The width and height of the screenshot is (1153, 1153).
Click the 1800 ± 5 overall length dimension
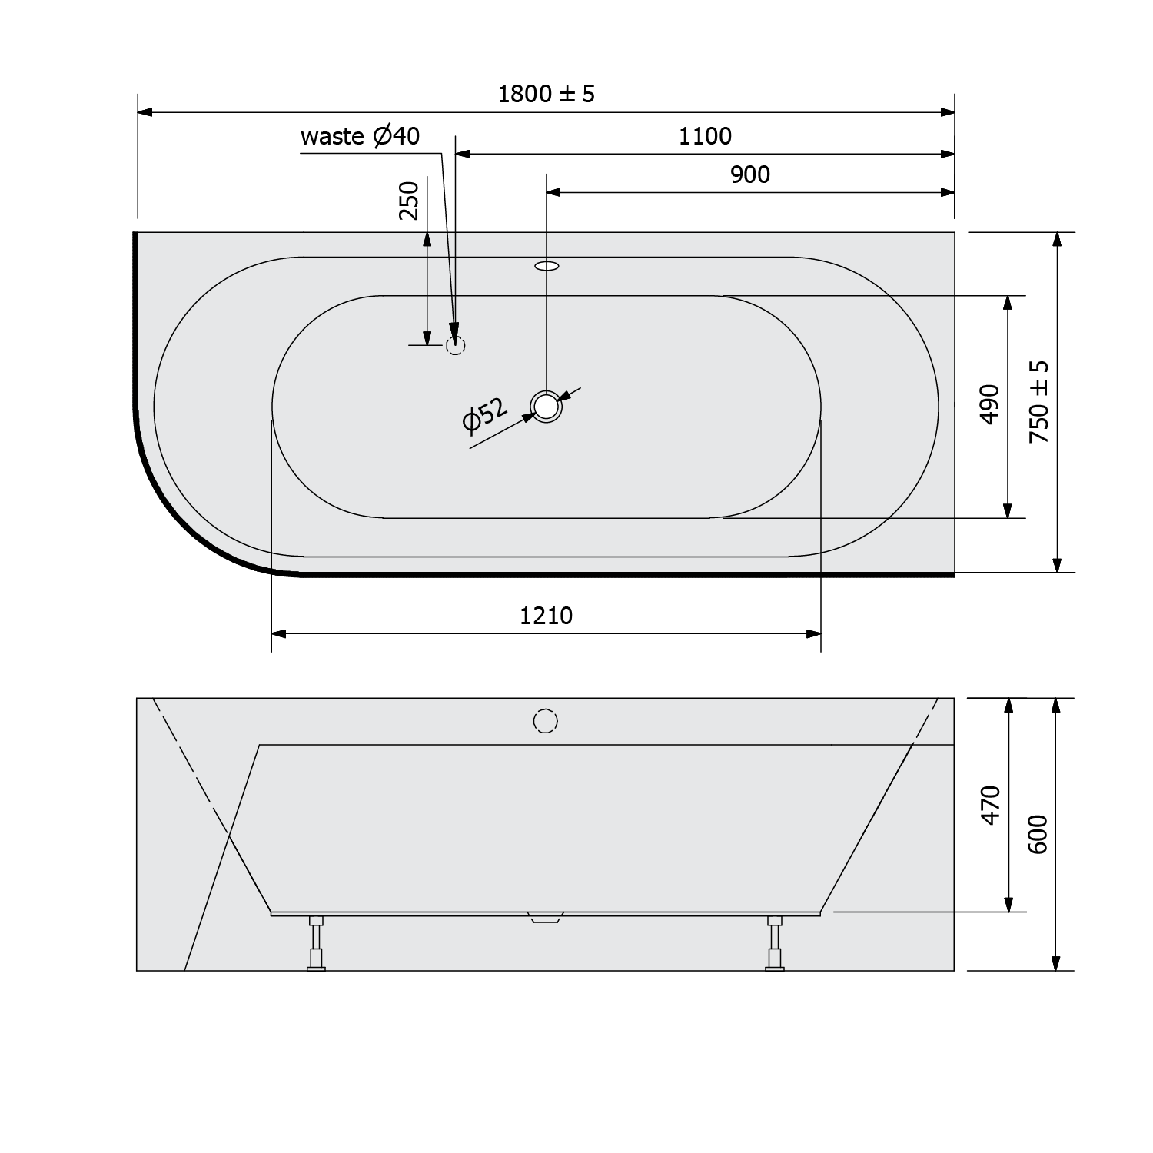547,94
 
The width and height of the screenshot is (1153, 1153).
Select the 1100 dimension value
705,136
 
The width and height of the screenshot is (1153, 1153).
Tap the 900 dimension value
749,174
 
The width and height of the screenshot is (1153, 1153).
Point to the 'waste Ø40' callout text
360,136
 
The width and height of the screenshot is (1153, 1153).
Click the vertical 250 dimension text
409,201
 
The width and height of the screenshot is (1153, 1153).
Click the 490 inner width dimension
990,404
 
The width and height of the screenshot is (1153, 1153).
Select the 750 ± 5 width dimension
1038,401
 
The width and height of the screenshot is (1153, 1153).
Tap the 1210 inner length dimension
546,616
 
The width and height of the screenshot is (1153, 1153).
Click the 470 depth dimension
991,805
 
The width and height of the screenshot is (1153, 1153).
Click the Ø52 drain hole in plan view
546,406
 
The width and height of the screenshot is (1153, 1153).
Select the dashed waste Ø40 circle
456,345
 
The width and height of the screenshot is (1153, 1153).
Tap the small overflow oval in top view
547,267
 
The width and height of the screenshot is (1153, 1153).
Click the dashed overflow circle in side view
545,721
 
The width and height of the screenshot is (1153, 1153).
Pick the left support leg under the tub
316,943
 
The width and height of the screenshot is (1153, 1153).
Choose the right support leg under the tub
775,943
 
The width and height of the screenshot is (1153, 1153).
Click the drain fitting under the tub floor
546,917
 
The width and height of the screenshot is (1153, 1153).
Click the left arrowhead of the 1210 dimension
278,634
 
